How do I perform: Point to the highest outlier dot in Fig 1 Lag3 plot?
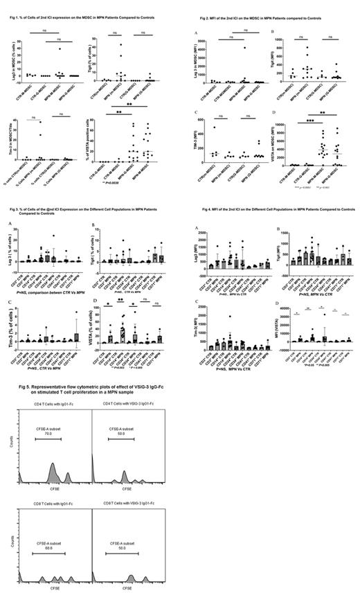point(61,48)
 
